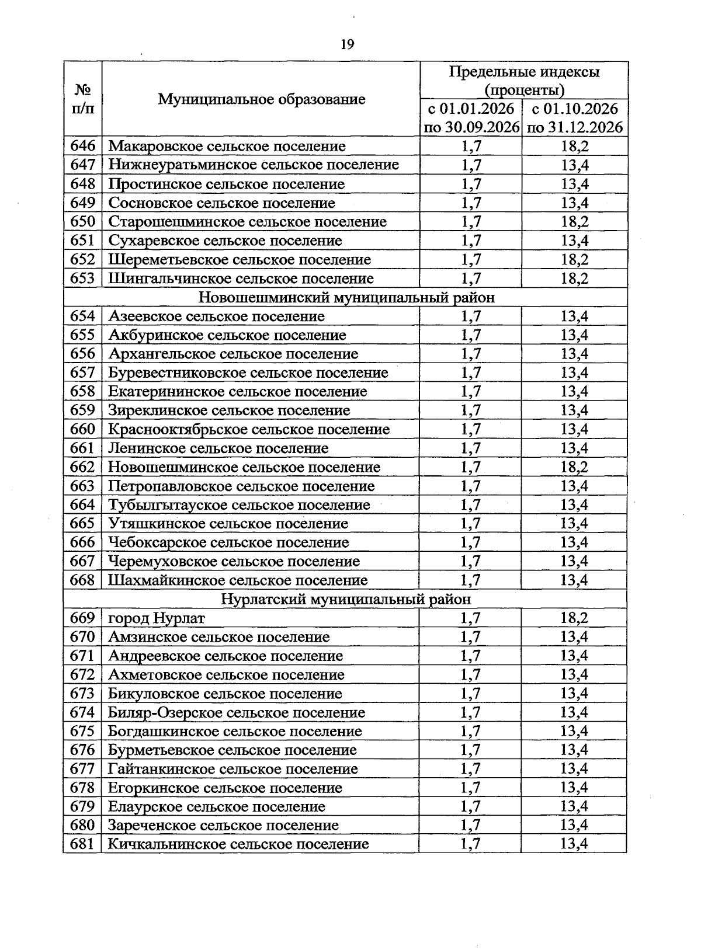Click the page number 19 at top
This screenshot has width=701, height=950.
[x=347, y=45]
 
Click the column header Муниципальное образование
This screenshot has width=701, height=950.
[x=261, y=99]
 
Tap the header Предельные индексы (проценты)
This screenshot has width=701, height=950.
[x=524, y=81]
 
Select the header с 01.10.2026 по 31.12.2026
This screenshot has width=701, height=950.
[x=575, y=118]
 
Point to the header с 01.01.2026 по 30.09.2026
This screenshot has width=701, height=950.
[x=471, y=118]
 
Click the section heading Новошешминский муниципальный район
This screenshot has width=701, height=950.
[x=346, y=298]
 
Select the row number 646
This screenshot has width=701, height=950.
[x=82, y=146]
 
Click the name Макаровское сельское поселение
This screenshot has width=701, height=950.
[x=227, y=146]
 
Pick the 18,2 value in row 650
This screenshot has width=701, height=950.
[x=575, y=222]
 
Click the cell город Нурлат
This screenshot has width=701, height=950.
[x=157, y=618]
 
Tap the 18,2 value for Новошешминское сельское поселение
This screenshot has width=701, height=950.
[x=575, y=467]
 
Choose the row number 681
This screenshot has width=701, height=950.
[x=82, y=844]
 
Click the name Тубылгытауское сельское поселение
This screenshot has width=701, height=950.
[x=239, y=505]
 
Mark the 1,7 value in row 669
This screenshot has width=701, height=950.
[x=471, y=618]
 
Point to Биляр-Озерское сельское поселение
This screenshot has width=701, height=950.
[x=237, y=713]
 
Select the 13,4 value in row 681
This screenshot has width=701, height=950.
[x=575, y=844]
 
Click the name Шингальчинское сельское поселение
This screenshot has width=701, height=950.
[x=241, y=279]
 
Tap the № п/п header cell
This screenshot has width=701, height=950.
[x=82, y=99]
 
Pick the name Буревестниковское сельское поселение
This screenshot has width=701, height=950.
[x=248, y=373]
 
